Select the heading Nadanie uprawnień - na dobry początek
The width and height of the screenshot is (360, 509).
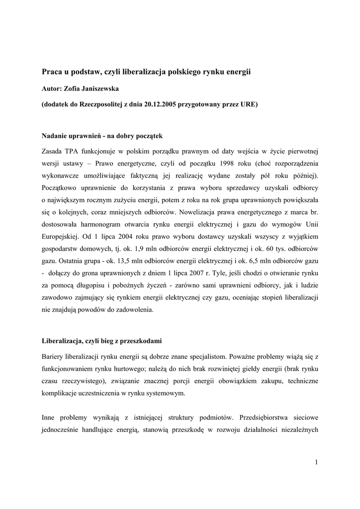click(101, 135)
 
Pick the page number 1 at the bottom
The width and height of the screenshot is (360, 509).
click(316, 463)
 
